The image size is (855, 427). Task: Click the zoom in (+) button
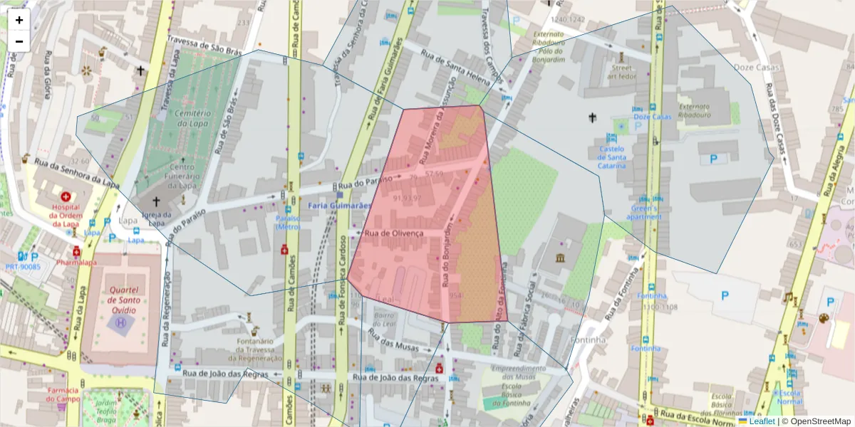(x=19, y=20)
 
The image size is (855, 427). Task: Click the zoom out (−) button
(x=19, y=41)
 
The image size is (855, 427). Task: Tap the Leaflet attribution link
(x=762, y=421)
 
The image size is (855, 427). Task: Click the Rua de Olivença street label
(x=394, y=233)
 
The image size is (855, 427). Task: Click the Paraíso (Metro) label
(x=288, y=222)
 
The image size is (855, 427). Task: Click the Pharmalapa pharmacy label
(x=76, y=262)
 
